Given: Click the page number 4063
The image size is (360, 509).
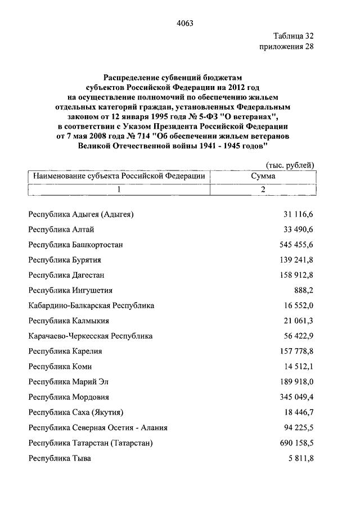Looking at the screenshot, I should coord(185,23).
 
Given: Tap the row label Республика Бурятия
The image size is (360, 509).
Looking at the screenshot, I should coord(65,260).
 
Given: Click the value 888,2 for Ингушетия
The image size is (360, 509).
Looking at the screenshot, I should coord(302,290).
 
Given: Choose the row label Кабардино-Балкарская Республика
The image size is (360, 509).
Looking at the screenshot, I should coord(91,305).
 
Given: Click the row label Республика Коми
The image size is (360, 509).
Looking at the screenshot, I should coord(59,366).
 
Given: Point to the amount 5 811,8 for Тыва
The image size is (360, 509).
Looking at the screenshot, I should coord(299,458).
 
